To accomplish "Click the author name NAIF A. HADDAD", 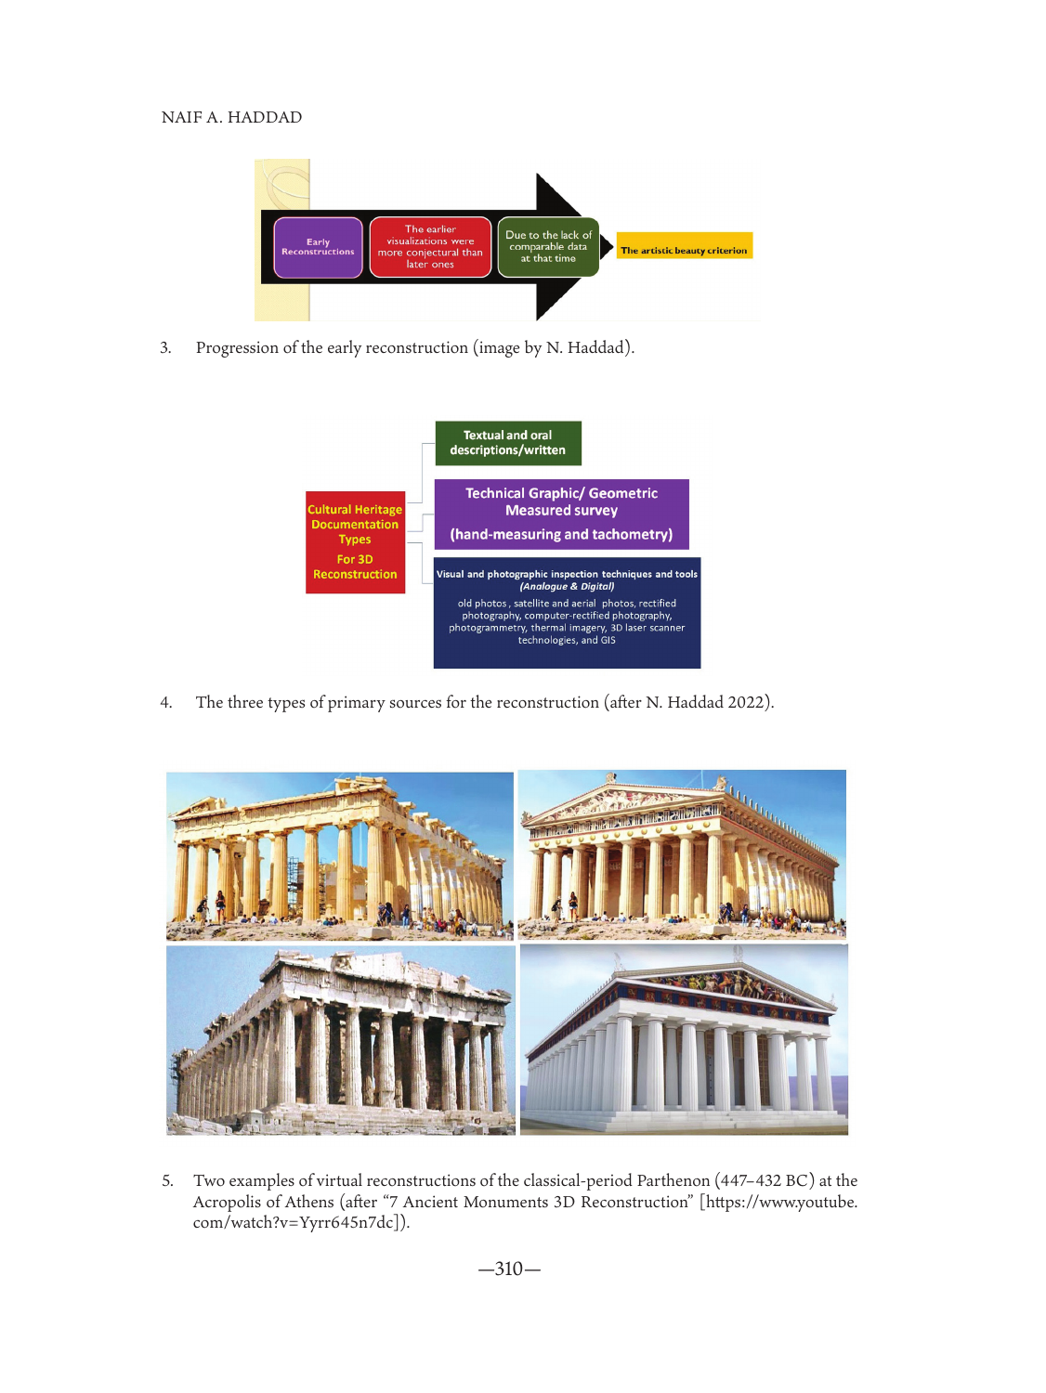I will [x=231, y=117].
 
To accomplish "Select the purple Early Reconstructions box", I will [x=318, y=247].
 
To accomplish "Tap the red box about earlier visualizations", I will [x=430, y=247].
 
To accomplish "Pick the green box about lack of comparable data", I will [x=548, y=247].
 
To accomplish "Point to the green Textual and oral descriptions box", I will [x=507, y=443].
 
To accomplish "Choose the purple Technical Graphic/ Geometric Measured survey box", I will [x=561, y=514].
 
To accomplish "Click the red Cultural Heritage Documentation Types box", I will [x=355, y=542].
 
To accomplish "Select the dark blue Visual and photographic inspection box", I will [x=567, y=612].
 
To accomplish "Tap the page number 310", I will [x=509, y=1269].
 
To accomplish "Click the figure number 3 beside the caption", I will [x=165, y=348].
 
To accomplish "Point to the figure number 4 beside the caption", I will [x=165, y=703].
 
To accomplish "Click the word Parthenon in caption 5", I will [x=673, y=1180].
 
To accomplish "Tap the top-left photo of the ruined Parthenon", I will [x=339, y=855].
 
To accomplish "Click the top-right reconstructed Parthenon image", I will [x=682, y=854].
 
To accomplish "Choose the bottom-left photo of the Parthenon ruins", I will [x=340, y=1040].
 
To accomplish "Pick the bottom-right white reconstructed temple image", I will [x=684, y=1040].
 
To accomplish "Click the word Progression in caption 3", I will [x=237, y=348].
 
